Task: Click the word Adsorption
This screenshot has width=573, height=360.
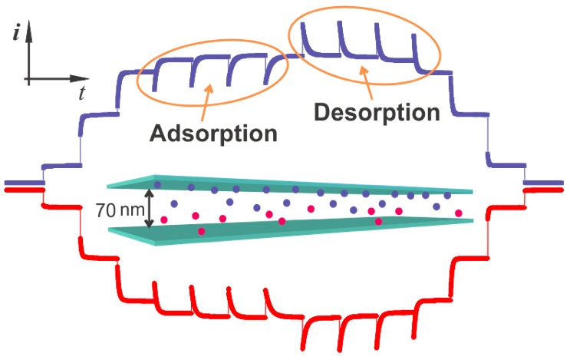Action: pyautogui.click(x=213, y=132)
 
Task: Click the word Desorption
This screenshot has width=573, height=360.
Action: pyautogui.click(x=377, y=113)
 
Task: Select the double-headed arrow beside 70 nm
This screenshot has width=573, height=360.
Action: pyautogui.click(x=151, y=208)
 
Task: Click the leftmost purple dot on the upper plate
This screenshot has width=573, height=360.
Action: pyautogui.click(x=157, y=185)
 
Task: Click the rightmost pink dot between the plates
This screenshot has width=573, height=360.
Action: pyautogui.click(x=459, y=213)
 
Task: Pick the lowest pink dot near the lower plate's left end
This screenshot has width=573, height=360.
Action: pyautogui.click(x=202, y=230)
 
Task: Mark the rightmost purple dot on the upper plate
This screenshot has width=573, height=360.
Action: pyautogui.click(x=447, y=196)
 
